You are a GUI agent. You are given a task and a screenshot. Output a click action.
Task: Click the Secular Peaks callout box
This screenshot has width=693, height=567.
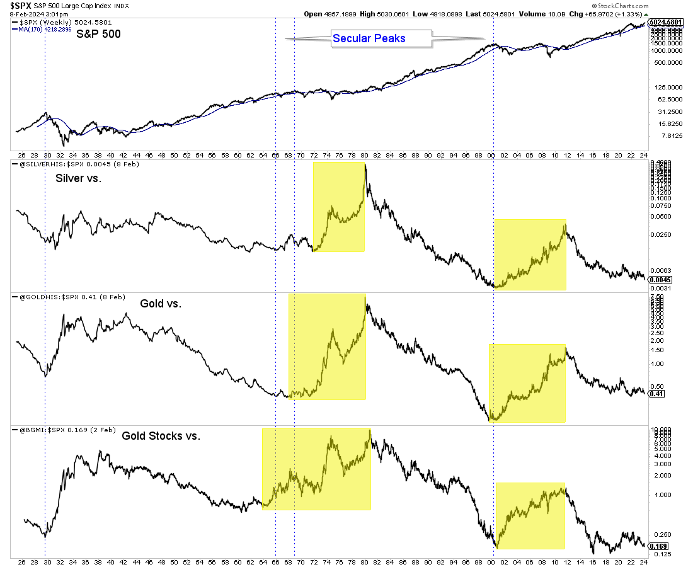click(369, 38)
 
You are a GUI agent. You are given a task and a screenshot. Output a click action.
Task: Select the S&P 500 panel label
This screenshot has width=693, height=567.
click(98, 34)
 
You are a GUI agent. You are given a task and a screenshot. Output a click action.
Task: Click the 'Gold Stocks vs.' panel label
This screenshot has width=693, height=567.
click(161, 435)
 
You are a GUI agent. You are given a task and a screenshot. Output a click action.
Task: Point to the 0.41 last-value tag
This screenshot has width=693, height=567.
click(656, 394)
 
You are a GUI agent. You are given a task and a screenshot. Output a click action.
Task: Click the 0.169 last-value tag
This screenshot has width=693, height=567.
click(658, 546)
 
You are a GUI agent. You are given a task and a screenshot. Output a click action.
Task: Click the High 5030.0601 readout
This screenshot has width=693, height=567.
click(340, 13)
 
